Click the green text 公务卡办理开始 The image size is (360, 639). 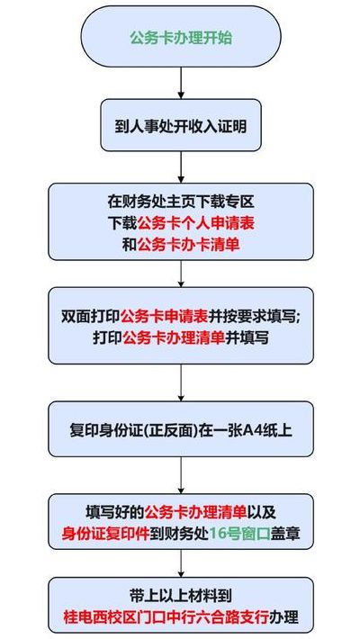tap(181, 38)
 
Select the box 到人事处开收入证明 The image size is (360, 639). tap(181, 125)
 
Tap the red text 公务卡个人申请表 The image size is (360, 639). tap(196, 222)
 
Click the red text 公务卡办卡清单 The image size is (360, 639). tap(188, 245)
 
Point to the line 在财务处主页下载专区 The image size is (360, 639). tap(181, 201)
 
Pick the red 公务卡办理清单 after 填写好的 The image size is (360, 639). tap(195, 512)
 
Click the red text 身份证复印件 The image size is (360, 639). tap(105, 534)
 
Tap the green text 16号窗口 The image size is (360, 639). tap(239, 534)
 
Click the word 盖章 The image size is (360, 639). tap(285, 534)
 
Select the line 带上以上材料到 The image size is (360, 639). tap(181, 597)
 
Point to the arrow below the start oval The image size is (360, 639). tap(182, 83)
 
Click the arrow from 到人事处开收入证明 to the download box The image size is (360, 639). tap(182, 167)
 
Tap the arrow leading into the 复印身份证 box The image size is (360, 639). tap(182, 382)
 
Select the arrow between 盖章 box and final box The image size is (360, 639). tap(182, 562)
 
